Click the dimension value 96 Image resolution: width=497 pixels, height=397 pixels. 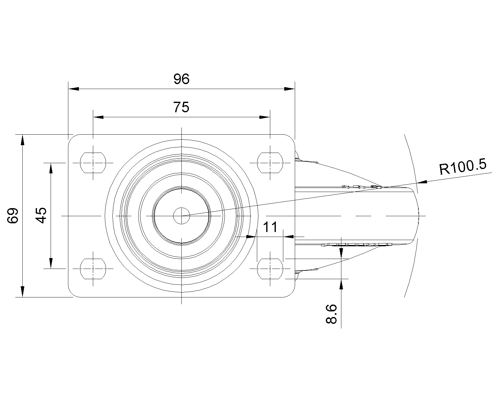[x=181, y=79]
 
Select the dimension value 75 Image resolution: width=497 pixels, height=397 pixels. [x=181, y=107]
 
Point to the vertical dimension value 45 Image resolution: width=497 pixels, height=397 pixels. [x=41, y=216]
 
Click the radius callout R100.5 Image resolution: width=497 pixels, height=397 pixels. [x=463, y=167]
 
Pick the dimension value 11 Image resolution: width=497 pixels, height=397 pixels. [x=270, y=227]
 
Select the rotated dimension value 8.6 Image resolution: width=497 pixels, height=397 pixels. [x=331, y=314]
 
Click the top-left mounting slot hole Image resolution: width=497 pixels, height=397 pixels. [x=93, y=163]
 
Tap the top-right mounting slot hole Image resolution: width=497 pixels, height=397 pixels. [x=270, y=163]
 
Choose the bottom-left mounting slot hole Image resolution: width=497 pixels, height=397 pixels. [x=93, y=269]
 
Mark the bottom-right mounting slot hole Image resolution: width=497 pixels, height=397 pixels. [x=270, y=269]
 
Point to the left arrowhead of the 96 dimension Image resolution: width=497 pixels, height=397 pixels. [x=73, y=89]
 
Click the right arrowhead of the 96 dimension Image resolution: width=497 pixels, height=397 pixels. [x=290, y=89]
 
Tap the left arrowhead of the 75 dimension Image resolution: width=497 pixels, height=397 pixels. [x=98, y=117]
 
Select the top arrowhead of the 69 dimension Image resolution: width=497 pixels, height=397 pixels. [x=22, y=140]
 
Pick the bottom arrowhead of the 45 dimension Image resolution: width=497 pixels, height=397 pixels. [x=51, y=263]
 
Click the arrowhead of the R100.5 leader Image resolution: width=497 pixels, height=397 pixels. [x=422, y=182]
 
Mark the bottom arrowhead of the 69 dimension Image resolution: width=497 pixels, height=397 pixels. [x=22, y=292]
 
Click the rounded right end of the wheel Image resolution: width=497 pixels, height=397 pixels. [x=418, y=216]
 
